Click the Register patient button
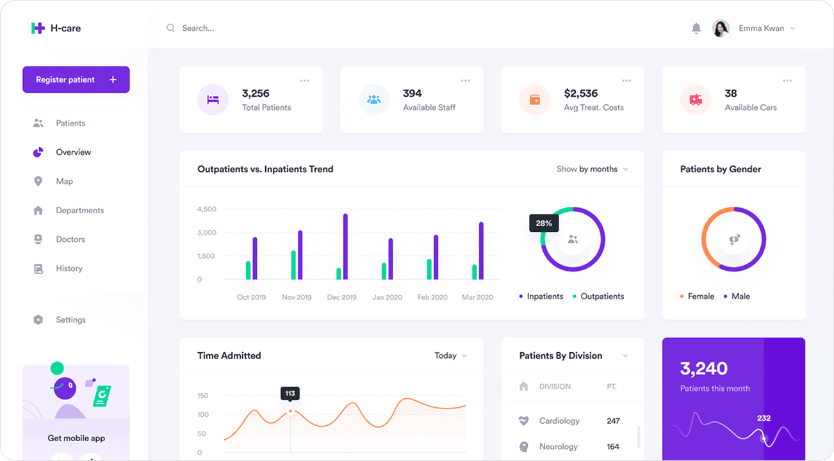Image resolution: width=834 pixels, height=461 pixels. click(x=76, y=79)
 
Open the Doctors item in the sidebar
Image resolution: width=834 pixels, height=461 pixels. click(x=70, y=239)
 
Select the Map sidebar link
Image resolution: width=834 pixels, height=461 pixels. click(x=64, y=181)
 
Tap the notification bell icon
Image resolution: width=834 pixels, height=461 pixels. click(x=696, y=28)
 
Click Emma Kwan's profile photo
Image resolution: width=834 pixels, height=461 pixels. click(x=721, y=28)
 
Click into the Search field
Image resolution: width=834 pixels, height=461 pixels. click(x=256, y=28)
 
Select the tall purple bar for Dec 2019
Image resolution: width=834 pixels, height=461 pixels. click(x=345, y=247)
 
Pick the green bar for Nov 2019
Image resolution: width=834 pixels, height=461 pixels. click(x=293, y=265)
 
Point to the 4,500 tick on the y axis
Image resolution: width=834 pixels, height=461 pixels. click(x=207, y=209)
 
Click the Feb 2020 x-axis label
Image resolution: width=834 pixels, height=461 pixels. click(x=432, y=297)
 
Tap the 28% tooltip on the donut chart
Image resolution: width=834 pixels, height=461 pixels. click(x=544, y=223)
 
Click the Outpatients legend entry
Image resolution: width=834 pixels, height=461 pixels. click(x=601, y=296)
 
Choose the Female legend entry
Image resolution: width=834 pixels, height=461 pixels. click(x=700, y=296)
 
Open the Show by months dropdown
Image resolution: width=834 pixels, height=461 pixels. click(x=592, y=169)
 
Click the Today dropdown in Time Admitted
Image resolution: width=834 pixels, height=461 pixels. click(x=450, y=355)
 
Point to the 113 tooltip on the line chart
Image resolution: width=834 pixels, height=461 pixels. click(x=290, y=393)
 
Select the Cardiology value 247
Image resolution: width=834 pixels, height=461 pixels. click(x=613, y=421)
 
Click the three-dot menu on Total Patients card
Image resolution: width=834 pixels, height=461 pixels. click(x=304, y=81)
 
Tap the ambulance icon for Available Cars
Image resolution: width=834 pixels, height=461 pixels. click(x=696, y=100)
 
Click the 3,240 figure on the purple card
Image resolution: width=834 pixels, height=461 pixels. click(x=703, y=368)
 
